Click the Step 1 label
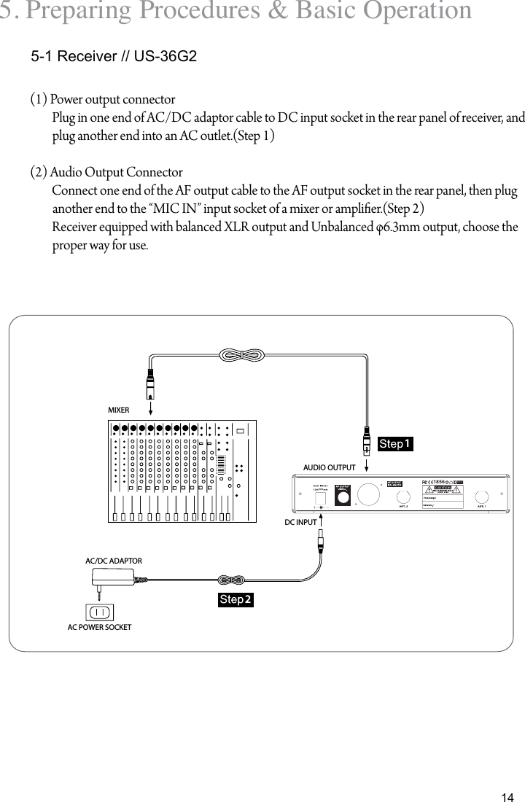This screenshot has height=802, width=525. tap(395, 444)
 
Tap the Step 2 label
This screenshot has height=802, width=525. tap(236, 599)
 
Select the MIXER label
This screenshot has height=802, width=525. tap(118, 410)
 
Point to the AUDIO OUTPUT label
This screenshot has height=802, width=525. tap(329, 467)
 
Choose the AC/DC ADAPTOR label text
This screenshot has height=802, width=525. tap(114, 561)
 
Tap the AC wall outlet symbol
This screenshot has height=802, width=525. tap(100, 611)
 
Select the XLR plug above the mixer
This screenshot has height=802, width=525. tap(150, 382)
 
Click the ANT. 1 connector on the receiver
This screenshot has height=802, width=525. tap(482, 495)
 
